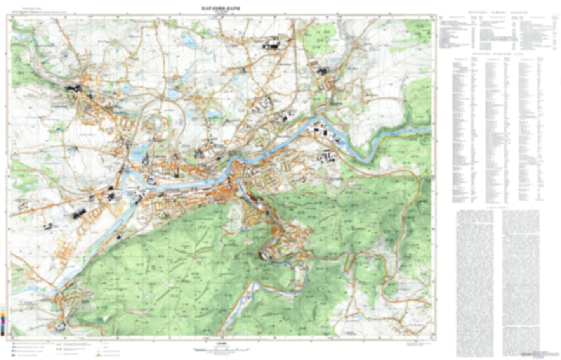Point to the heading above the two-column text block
point(497,208)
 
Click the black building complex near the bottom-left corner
point(60,325)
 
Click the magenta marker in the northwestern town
point(92,111)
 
